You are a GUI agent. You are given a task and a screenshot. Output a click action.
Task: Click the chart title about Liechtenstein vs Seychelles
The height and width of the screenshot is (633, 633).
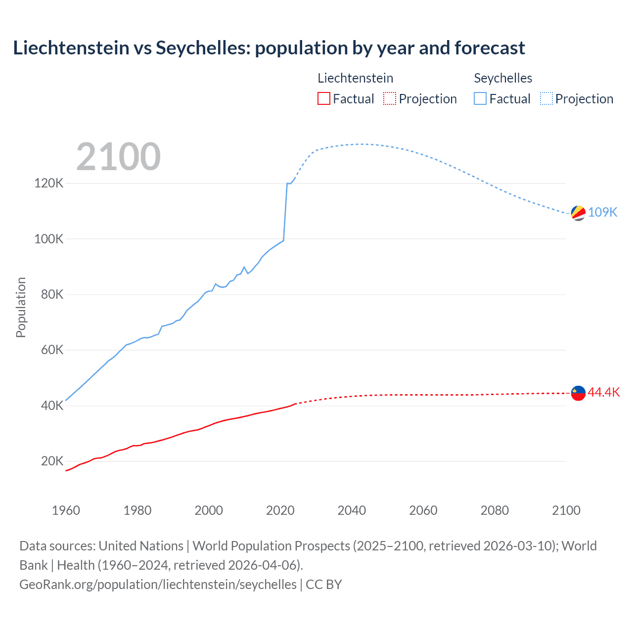pyautogui.click(x=269, y=48)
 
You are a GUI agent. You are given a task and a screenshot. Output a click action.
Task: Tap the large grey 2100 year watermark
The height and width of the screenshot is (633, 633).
pyautogui.click(x=118, y=157)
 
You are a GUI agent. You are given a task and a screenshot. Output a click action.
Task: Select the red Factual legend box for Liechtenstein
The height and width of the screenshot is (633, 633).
pyautogui.click(x=324, y=98)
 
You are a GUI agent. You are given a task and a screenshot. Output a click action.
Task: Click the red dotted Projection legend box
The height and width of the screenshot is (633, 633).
pyautogui.click(x=390, y=98)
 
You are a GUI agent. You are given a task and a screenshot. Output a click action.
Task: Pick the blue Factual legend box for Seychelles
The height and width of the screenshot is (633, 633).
pyautogui.click(x=480, y=98)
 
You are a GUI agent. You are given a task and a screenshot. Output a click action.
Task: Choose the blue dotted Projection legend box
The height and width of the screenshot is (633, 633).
pyautogui.click(x=546, y=98)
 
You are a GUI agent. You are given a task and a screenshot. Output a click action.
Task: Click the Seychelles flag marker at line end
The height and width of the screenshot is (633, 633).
pyautogui.click(x=578, y=213)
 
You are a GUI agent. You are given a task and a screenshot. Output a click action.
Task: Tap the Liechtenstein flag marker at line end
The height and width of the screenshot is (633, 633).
pyautogui.click(x=578, y=393)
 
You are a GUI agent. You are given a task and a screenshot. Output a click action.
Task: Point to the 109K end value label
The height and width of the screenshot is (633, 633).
pyautogui.click(x=602, y=212)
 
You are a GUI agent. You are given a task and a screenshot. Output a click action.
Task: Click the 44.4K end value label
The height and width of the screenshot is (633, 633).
pyautogui.click(x=603, y=392)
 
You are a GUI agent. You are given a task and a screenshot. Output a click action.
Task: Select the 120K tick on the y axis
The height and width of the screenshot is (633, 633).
pyautogui.click(x=49, y=183)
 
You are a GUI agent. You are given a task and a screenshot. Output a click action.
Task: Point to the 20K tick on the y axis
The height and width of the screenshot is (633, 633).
pyautogui.click(x=52, y=461)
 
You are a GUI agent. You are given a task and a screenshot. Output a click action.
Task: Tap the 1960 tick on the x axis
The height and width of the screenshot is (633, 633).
pyautogui.click(x=66, y=510)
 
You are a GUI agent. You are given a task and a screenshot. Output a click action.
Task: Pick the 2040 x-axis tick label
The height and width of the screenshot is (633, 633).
pyautogui.click(x=352, y=510)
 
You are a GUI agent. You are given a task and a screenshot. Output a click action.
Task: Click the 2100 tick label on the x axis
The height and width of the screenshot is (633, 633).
pyautogui.click(x=566, y=510)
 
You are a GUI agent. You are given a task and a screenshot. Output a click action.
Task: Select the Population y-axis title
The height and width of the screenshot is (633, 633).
pyautogui.click(x=21, y=307)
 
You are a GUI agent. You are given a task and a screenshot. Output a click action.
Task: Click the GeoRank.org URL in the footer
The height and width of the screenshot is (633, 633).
pyautogui.click(x=158, y=585)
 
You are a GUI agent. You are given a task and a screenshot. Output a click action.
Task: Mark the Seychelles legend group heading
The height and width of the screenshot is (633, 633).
pyautogui.click(x=503, y=78)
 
